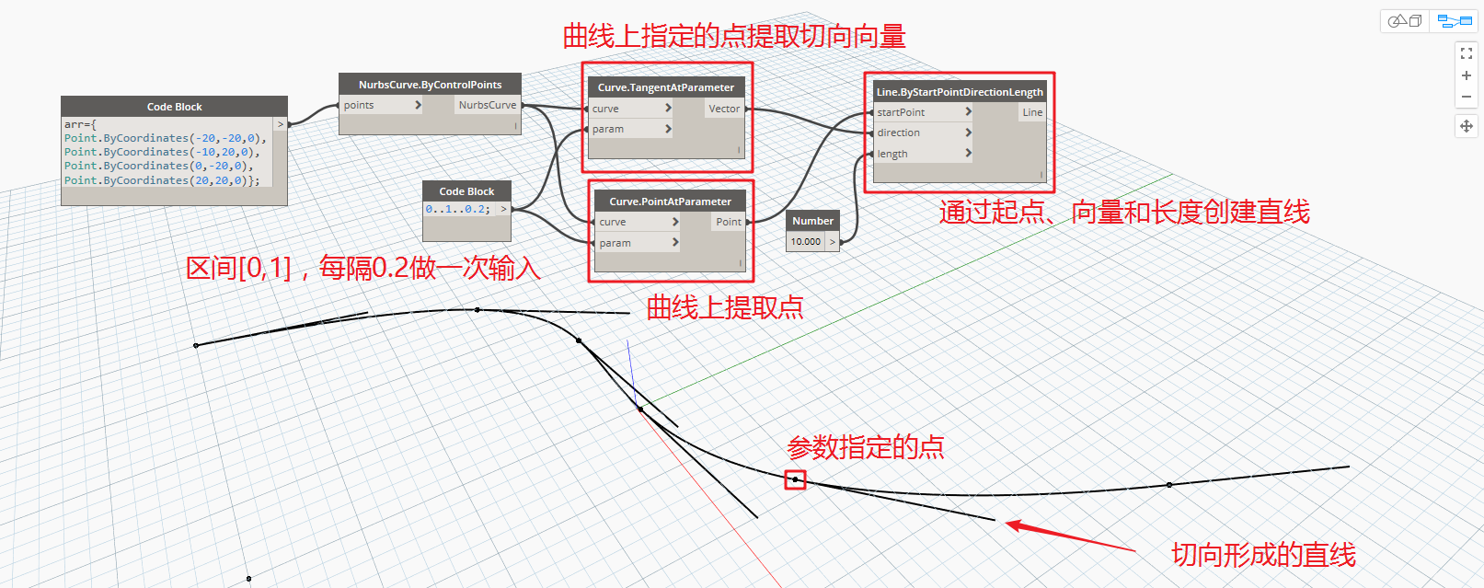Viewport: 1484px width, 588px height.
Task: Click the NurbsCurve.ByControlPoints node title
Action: (x=430, y=84)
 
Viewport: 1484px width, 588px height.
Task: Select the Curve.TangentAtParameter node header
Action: (x=666, y=87)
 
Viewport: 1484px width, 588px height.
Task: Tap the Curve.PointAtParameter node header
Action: (x=670, y=202)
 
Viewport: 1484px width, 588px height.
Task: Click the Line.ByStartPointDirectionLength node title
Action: (x=960, y=92)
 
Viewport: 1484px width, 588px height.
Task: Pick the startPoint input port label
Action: (x=901, y=112)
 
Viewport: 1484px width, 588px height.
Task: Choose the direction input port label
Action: (x=898, y=133)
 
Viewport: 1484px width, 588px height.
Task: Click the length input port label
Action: (x=892, y=154)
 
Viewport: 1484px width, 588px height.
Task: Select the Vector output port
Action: (x=724, y=109)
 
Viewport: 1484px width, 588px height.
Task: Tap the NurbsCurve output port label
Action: (x=488, y=105)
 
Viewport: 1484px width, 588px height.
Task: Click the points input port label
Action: (x=359, y=105)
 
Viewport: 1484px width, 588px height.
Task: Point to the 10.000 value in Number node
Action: (x=806, y=242)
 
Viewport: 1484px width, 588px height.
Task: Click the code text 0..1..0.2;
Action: (x=458, y=209)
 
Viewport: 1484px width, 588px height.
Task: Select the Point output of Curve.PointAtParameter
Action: (x=728, y=222)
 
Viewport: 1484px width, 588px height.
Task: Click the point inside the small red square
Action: (x=795, y=479)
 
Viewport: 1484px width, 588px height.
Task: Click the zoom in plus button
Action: (x=1467, y=75)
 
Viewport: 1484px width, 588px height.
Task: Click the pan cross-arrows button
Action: (x=1467, y=126)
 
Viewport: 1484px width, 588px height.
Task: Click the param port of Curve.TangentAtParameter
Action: (x=607, y=129)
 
